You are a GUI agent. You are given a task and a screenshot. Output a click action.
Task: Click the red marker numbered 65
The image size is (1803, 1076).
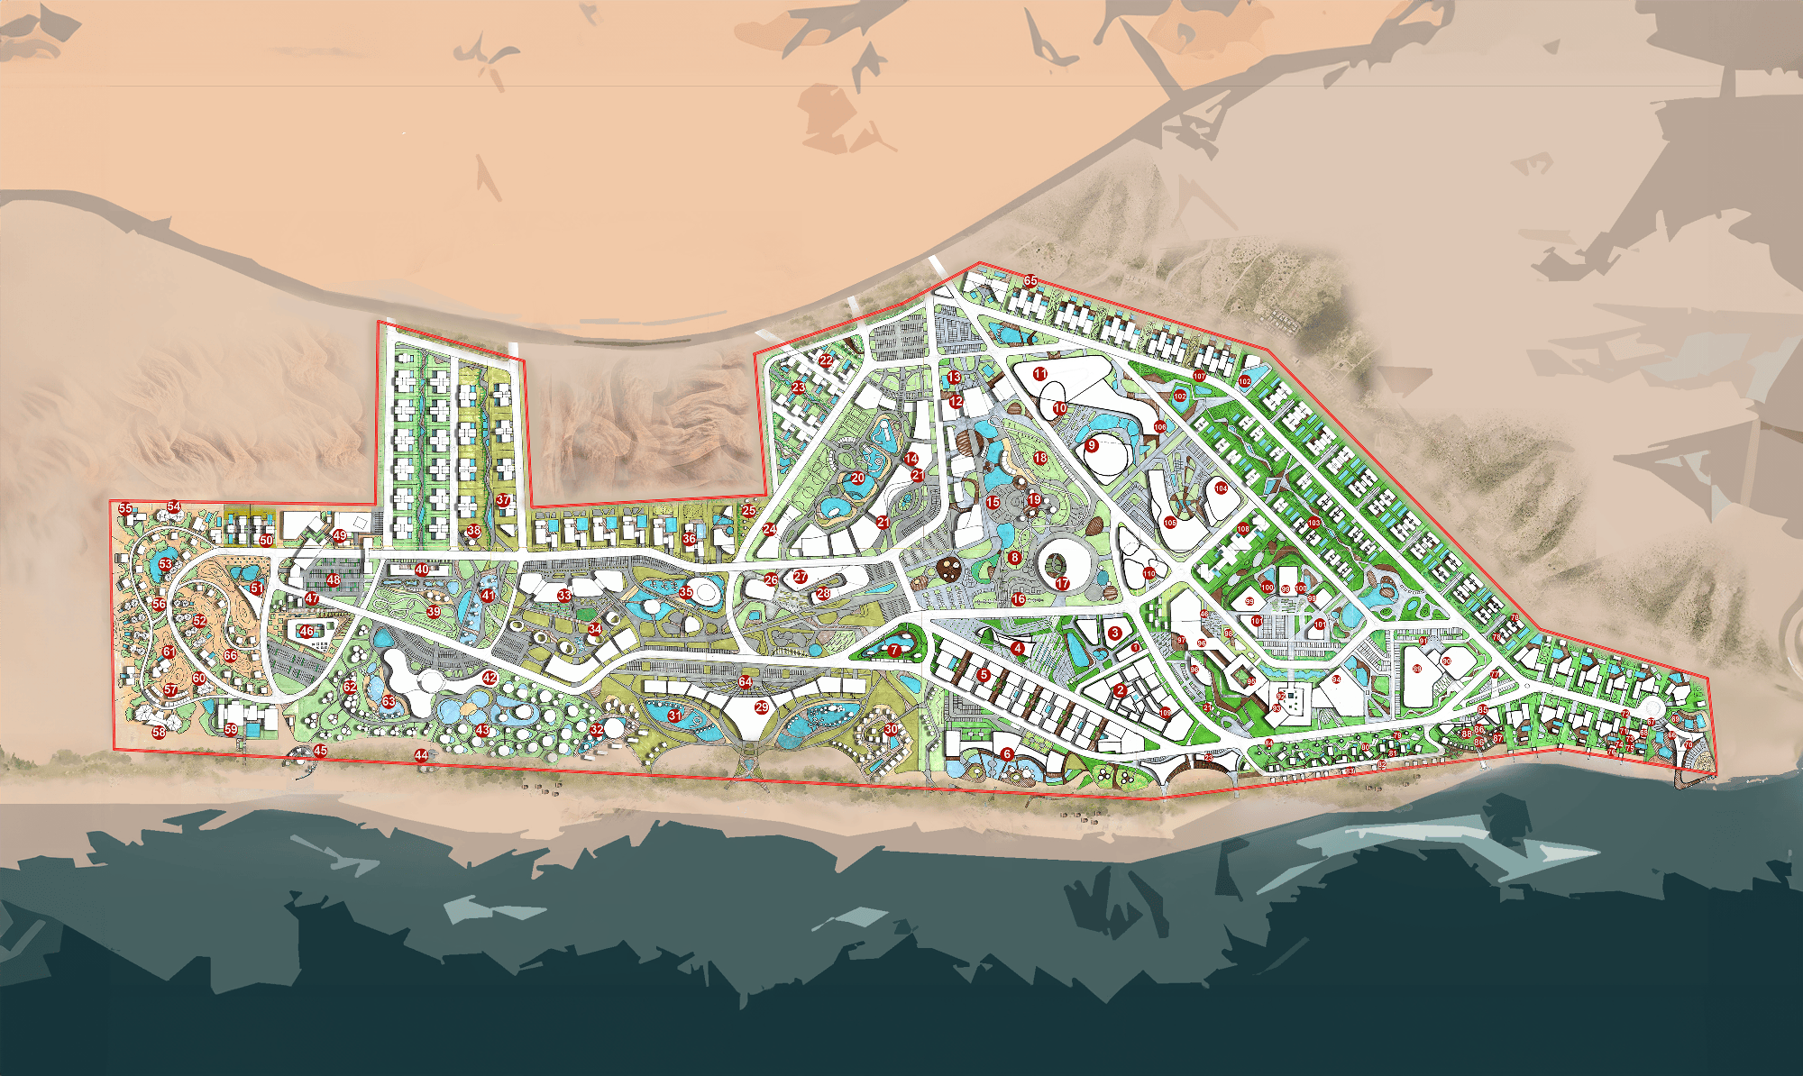click(x=1030, y=281)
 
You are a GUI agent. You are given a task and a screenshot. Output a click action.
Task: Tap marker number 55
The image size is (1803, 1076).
click(x=125, y=509)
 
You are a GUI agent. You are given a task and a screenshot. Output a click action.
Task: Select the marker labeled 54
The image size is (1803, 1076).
click(x=174, y=507)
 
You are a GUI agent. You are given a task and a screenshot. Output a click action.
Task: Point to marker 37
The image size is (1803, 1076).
click(x=503, y=500)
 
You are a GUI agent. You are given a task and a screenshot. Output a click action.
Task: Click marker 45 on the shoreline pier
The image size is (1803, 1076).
click(x=320, y=751)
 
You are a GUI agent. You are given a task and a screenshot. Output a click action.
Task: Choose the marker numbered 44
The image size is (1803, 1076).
click(x=421, y=755)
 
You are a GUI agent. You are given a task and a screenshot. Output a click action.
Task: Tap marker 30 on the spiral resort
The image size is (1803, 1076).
click(x=891, y=729)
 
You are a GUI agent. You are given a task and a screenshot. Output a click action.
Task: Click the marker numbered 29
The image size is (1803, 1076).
click(x=762, y=707)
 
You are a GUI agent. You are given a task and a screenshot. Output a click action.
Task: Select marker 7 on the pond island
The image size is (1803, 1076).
click(x=893, y=650)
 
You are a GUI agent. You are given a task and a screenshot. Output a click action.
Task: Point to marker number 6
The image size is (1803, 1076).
click(x=1007, y=754)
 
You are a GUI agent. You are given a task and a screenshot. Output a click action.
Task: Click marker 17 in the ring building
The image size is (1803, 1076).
click(x=1062, y=584)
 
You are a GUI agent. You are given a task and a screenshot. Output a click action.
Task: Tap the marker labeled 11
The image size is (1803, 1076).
click(x=1040, y=373)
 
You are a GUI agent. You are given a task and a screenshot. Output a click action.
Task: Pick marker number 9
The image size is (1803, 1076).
click(x=1092, y=445)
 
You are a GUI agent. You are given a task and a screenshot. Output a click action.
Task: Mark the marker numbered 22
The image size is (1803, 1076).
click(x=826, y=360)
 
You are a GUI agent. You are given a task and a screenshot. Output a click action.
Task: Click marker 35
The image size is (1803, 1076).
click(x=686, y=592)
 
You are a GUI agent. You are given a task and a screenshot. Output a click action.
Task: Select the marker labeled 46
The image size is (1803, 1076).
click(x=307, y=632)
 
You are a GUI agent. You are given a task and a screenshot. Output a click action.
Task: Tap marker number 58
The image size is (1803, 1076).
click(x=159, y=732)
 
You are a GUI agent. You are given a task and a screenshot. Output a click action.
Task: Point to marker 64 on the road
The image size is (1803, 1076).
click(x=745, y=681)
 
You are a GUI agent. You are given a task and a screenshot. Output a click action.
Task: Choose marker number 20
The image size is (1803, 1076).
click(x=857, y=479)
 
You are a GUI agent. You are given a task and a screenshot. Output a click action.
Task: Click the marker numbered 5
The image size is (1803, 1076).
click(x=984, y=674)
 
